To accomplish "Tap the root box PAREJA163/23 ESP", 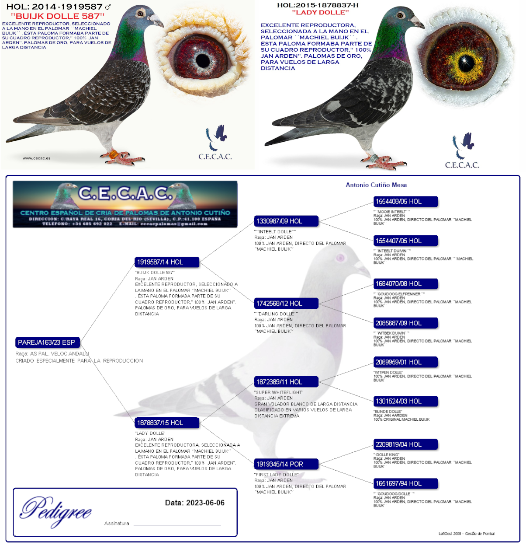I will coord(47,342).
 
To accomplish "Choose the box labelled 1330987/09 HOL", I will coord(286,221).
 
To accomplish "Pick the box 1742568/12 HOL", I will coord(286,304).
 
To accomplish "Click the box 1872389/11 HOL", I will coord(286,382).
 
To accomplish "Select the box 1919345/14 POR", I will coord(286,464).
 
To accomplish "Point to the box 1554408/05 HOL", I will coord(405,202).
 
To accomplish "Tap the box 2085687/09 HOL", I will coord(405,323).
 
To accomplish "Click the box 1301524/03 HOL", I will coord(405,401).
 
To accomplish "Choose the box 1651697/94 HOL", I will coord(405,484).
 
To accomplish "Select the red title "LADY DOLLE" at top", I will coord(320,12).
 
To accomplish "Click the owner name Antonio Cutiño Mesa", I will coord(376,185).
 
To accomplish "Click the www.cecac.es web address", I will coord(37,158).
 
